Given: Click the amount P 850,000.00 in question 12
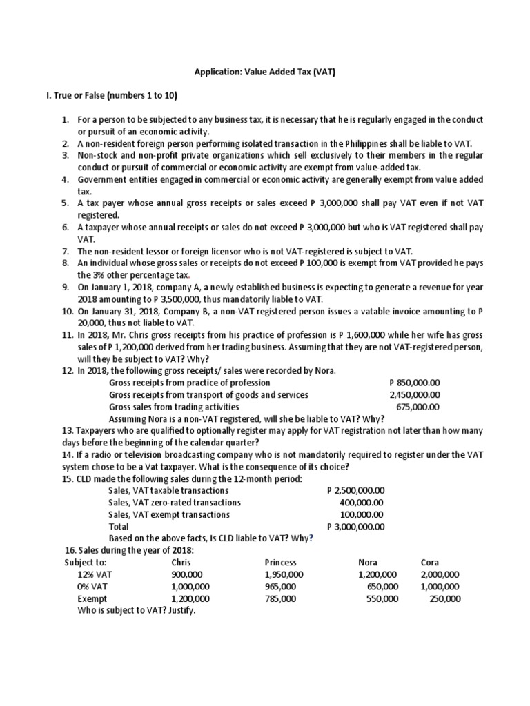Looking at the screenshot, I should (415, 383).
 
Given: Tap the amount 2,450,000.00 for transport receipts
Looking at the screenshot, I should (415, 395).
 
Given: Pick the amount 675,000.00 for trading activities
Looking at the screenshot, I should (418, 407).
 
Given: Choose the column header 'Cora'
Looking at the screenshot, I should (430, 563).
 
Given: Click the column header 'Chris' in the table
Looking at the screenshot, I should (181, 563).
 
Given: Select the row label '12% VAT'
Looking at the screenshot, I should (94, 575).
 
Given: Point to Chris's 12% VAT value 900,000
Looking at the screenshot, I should (186, 575).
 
